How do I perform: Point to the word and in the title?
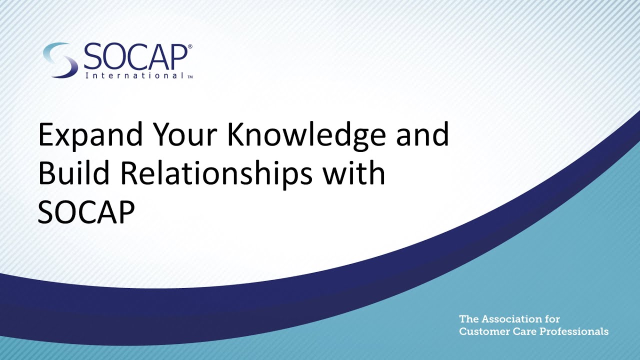point(422,136)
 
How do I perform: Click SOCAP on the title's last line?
point(86,212)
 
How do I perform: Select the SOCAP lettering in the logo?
point(135,57)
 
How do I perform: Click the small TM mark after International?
point(190,77)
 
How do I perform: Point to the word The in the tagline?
point(467,319)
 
